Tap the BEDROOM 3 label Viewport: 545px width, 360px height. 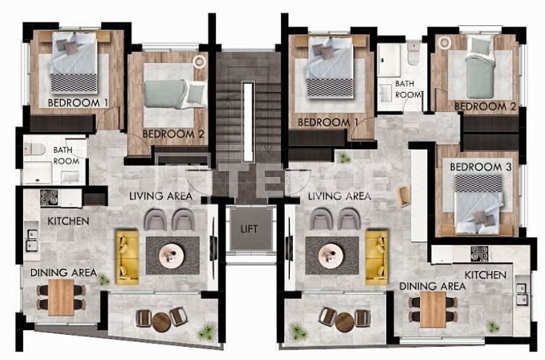click(476, 167)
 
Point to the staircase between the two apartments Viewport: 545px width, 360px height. click(248, 108)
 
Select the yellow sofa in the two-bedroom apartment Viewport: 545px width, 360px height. click(127, 256)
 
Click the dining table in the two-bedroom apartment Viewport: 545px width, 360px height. click(61, 296)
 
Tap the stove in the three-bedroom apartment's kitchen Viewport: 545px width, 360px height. click(479, 253)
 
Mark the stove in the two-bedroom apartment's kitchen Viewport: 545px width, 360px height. click(49, 197)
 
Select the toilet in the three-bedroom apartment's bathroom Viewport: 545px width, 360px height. click(413, 52)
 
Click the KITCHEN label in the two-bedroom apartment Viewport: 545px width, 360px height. click(69, 220)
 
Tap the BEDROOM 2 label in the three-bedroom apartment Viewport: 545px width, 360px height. click(485, 106)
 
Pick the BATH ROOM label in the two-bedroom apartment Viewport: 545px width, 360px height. click(66, 155)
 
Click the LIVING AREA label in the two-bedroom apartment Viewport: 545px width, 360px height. click(160, 196)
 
